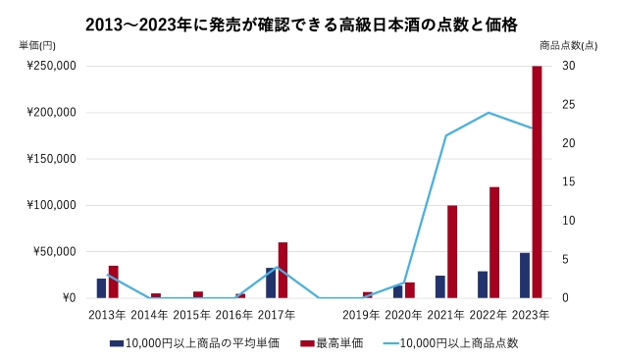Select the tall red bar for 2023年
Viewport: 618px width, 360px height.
pos(537,181)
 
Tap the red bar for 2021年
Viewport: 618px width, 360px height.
pos(452,251)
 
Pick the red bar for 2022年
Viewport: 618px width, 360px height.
pos(494,242)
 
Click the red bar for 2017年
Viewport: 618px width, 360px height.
pos(283,270)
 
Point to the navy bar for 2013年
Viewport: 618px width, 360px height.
pos(101,287)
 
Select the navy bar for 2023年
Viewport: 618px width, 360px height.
pos(525,275)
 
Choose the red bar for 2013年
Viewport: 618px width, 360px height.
pos(113,282)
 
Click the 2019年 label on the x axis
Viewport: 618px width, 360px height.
pos(361,315)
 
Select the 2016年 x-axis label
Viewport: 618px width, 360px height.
pos(233,315)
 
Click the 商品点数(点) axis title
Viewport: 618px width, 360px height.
pos(569,45)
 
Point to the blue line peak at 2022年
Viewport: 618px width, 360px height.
pos(489,113)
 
